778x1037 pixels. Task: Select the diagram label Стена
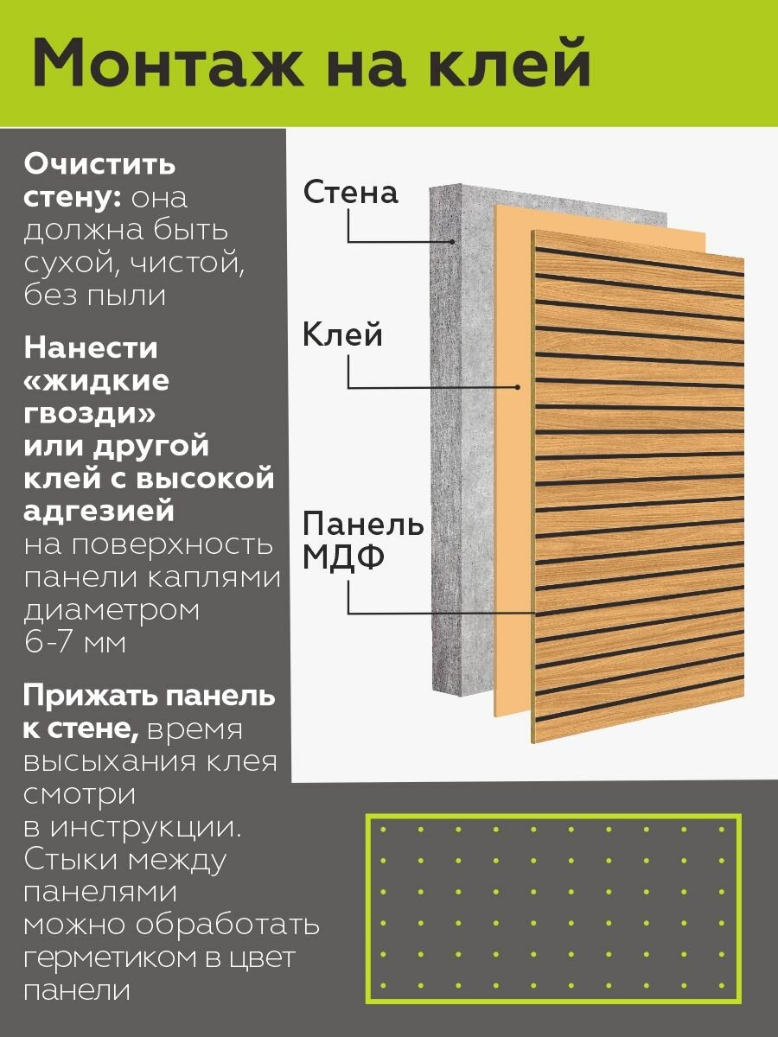coord(350,193)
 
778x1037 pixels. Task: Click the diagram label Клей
coord(342,334)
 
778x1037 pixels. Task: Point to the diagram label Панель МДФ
coord(363,541)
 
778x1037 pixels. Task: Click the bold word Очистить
coord(99,164)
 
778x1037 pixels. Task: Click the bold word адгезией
coord(99,512)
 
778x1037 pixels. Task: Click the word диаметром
coord(112,611)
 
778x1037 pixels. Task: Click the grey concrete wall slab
coord(459,432)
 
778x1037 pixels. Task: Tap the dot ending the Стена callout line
coord(452,241)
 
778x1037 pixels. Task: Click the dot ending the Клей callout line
coord(517,386)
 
